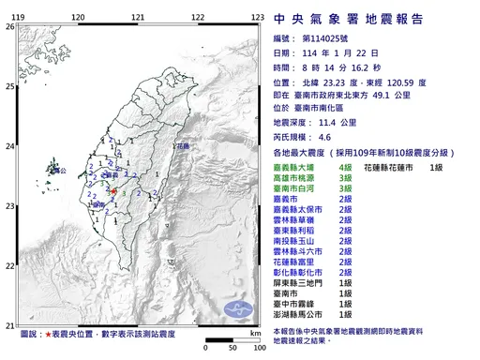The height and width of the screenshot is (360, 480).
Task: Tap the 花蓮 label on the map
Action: [x=182, y=146]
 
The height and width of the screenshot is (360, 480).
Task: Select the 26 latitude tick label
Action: [x=9, y=26]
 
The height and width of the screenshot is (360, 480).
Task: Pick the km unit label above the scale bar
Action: [x=254, y=332]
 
